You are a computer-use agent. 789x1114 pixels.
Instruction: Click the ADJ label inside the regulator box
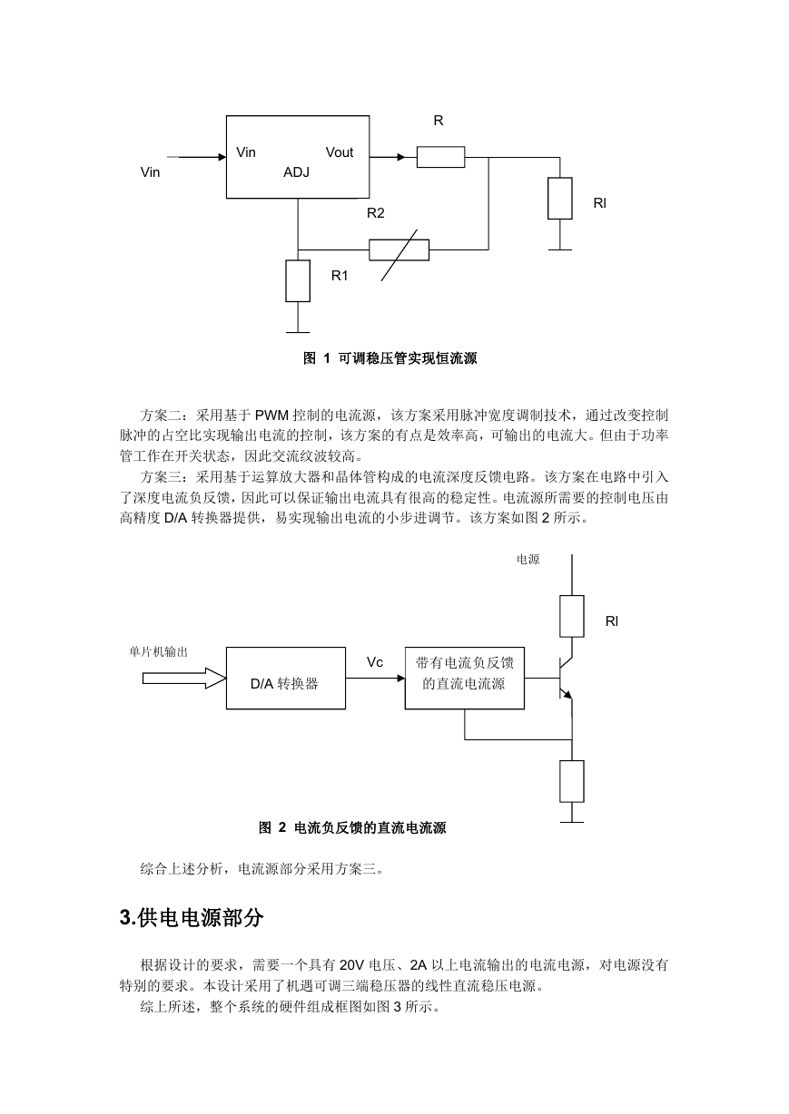[x=296, y=172]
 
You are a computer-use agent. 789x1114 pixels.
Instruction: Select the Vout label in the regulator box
[x=340, y=152]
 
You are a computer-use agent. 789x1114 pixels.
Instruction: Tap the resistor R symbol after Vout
[x=440, y=157]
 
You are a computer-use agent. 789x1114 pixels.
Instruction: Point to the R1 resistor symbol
[x=298, y=281]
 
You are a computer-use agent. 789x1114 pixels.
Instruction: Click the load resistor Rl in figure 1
[x=560, y=199]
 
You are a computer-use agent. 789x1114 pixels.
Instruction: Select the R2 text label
[x=376, y=213]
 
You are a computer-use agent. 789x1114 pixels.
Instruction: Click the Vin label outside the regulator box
[x=151, y=172]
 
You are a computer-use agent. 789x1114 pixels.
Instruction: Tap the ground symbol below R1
[x=298, y=332]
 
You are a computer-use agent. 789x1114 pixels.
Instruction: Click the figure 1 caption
[x=390, y=358]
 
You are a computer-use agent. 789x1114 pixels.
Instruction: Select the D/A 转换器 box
[x=286, y=678]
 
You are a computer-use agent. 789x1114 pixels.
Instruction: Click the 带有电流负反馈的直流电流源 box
[x=465, y=678]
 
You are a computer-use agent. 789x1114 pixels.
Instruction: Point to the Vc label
[x=375, y=662]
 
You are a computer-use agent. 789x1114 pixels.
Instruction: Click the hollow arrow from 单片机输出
[x=184, y=679]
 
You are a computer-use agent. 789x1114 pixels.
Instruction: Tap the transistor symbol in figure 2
[x=566, y=678]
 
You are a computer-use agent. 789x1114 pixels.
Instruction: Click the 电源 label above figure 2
[x=528, y=560]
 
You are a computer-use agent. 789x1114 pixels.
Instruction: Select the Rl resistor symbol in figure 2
[x=572, y=616]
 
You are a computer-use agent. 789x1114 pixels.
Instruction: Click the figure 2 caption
[x=352, y=827]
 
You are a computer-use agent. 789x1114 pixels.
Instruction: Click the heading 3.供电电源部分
[x=192, y=918]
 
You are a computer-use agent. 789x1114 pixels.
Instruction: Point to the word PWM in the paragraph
[x=272, y=415]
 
